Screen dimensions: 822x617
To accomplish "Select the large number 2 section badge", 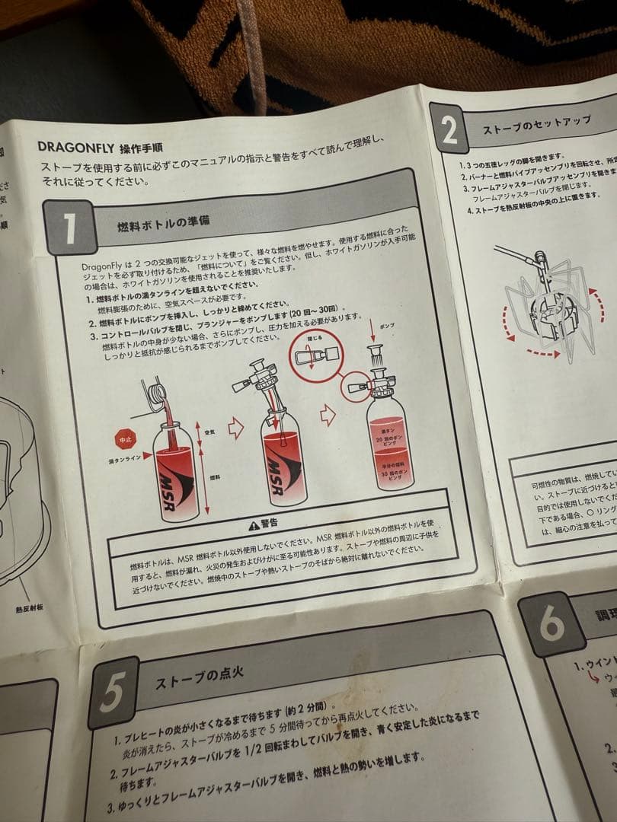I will (x=449, y=131).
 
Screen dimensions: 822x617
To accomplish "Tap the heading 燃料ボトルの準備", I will (x=163, y=225).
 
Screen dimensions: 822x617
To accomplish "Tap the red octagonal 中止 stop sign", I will (x=125, y=440).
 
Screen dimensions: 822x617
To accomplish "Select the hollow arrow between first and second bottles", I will (x=235, y=429).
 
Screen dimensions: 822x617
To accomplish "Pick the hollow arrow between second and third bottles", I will (x=328, y=414).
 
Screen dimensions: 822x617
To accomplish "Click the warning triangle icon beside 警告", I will (x=254, y=524).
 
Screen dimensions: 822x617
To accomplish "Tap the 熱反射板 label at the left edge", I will (x=30, y=609).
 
